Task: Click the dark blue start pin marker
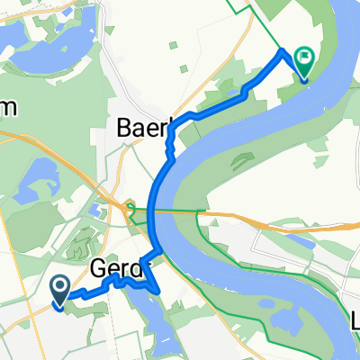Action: (x=60, y=290)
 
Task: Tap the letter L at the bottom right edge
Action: (x=355, y=321)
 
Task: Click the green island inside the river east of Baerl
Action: (x=244, y=161)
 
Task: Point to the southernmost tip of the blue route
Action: (x=159, y=292)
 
